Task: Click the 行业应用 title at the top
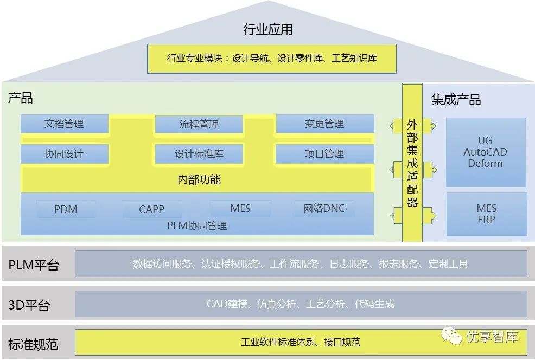[x=267, y=29]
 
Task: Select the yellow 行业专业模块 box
[x=272, y=59]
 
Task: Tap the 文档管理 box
[x=64, y=124]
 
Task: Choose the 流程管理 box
[x=199, y=125]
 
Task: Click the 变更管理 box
[x=324, y=124]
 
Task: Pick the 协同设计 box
[x=64, y=154]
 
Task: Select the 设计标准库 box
[x=199, y=155]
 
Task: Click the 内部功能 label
[x=199, y=179]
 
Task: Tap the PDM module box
[x=66, y=209]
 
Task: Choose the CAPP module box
[x=151, y=209]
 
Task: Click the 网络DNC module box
[x=324, y=208]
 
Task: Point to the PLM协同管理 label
[x=197, y=226]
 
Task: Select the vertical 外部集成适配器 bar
[x=412, y=163]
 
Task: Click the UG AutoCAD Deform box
[x=485, y=152]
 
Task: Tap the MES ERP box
[x=486, y=214]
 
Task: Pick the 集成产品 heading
[x=456, y=100]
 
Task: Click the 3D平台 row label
[x=29, y=305]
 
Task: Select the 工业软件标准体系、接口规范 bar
[x=301, y=342]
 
